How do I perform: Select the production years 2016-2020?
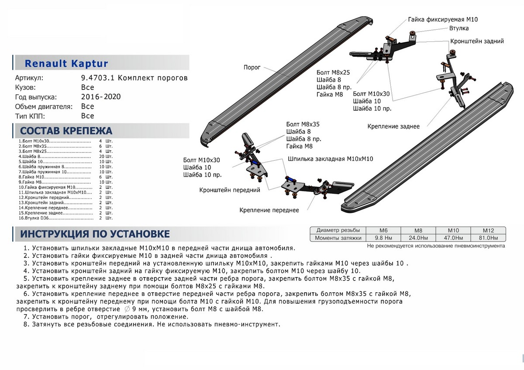(x=101, y=97)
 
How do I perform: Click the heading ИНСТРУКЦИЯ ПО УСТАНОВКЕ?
(x=92, y=234)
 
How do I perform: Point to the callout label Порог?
(x=252, y=68)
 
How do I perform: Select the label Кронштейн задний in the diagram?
(x=477, y=41)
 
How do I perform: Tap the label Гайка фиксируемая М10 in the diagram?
(x=443, y=20)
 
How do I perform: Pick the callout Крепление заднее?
(x=393, y=127)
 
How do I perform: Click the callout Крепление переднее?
(x=269, y=210)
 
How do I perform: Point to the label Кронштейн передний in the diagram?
(x=230, y=190)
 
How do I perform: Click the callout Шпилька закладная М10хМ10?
(x=331, y=159)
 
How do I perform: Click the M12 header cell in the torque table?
(x=488, y=230)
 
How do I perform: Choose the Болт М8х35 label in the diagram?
(x=303, y=124)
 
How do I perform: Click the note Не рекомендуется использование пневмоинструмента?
(x=436, y=246)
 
